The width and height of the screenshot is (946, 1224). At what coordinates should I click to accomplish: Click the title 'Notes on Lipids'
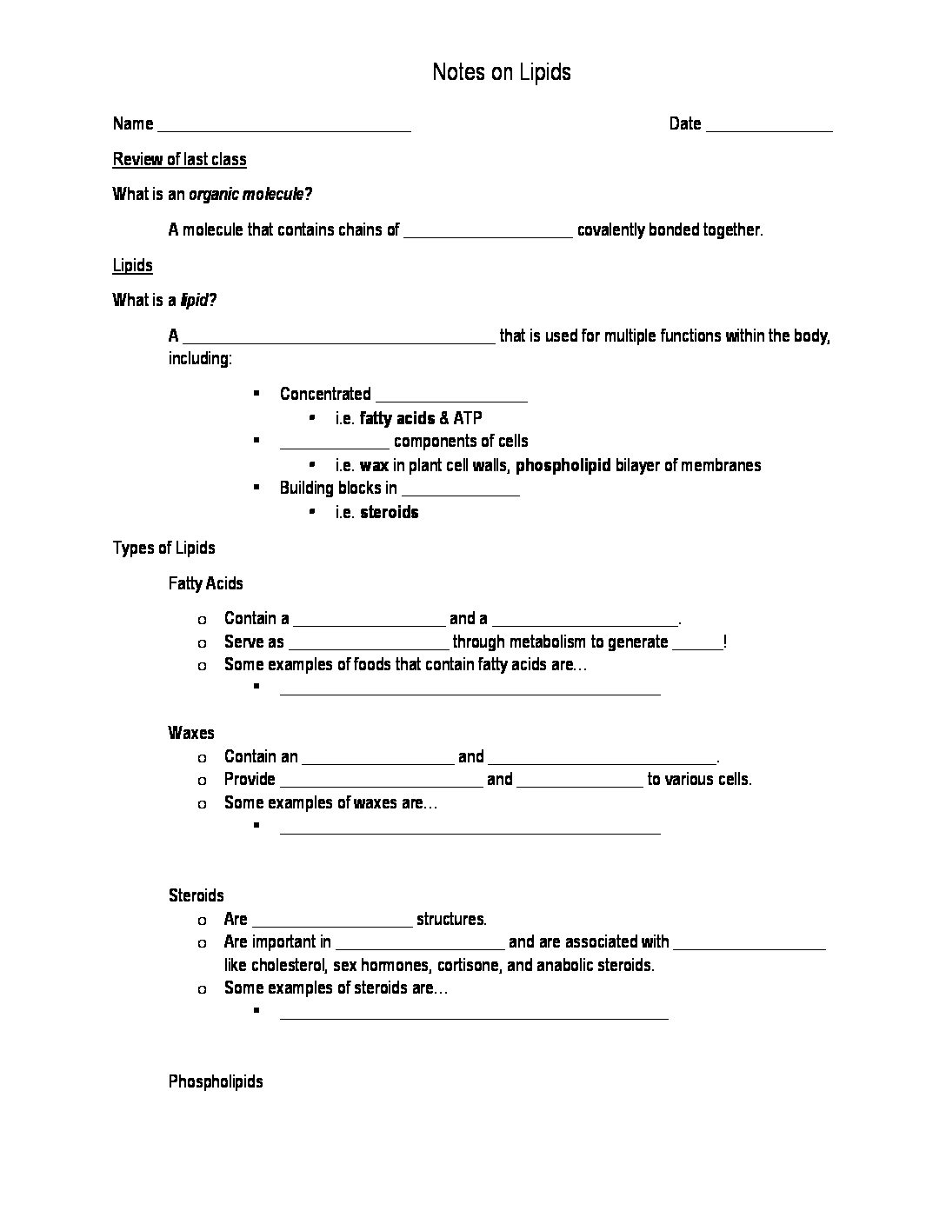(502, 72)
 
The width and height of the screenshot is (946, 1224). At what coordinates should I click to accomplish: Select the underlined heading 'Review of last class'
(180, 159)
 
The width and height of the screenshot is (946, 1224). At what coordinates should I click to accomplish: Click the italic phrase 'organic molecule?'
(250, 195)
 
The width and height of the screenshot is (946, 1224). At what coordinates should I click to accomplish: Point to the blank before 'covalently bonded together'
(489, 232)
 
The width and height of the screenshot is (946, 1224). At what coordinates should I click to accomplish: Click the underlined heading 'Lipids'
(132, 265)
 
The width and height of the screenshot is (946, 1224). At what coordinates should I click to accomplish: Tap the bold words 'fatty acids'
(397, 418)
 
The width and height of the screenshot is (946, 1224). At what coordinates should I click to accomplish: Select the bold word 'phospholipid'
(563, 465)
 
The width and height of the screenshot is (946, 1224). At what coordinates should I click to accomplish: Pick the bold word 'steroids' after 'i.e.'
(390, 512)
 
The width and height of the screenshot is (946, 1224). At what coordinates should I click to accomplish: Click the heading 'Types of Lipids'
(164, 548)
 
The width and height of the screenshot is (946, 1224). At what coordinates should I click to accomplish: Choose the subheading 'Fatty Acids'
(206, 583)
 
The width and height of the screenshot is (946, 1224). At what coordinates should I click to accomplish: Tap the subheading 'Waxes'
(191, 733)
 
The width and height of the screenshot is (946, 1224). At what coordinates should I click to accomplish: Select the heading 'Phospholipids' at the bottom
(216, 1081)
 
